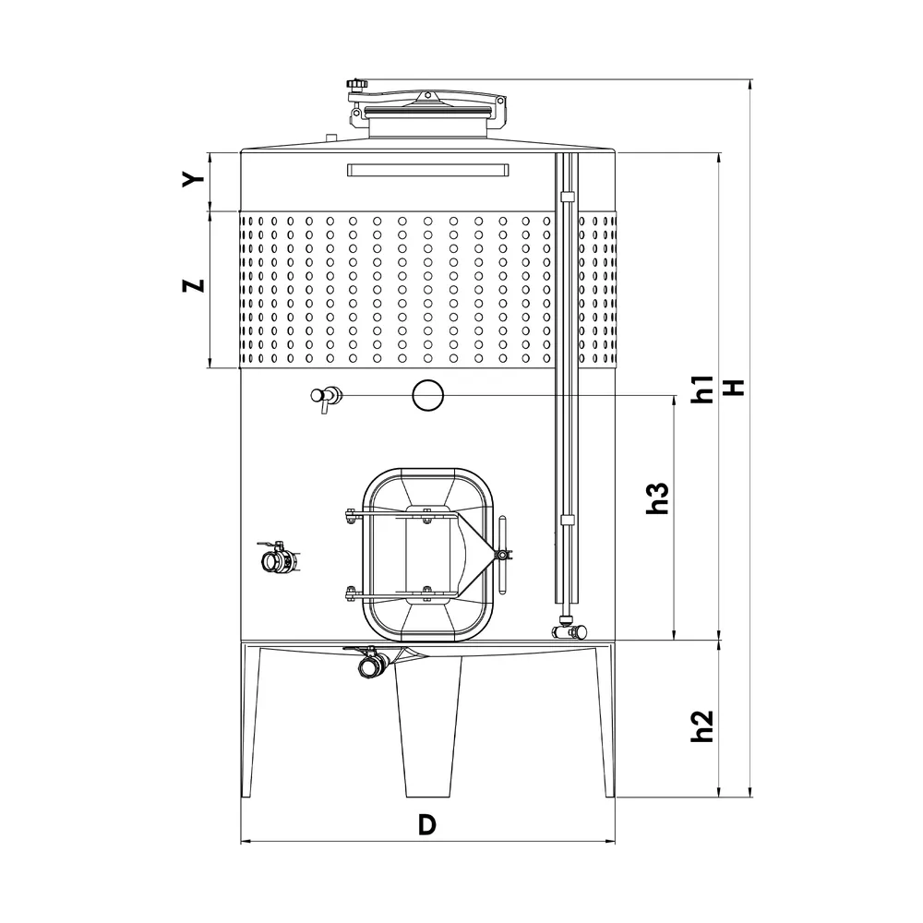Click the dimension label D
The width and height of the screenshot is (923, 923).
click(x=426, y=824)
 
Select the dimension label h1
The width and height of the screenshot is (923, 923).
click(x=703, y=389)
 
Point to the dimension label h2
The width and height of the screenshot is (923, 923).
click(x=703, y=725)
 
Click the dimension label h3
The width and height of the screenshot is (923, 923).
click(x=656, y=498)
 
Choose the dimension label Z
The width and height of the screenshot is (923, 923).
click(x=192, y=285)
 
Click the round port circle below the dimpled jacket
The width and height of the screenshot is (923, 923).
click(x=427, y=395)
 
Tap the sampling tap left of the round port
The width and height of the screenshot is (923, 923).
click(x=325, y=397)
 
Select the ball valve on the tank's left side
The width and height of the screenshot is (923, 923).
click(x=277, y=558)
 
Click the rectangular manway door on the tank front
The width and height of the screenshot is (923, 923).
click(x=426, y=555)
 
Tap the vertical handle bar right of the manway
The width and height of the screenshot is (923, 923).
click(x=502, y=555)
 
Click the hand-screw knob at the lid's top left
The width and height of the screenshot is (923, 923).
click(x=355, y=86)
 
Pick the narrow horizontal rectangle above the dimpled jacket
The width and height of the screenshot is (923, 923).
click(x=427, y=170)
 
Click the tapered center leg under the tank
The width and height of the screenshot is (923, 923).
click(x=429, y=729)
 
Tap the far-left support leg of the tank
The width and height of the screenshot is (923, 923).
click(x=249, y=720)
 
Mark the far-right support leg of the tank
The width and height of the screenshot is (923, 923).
click(x=605, y=720)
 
